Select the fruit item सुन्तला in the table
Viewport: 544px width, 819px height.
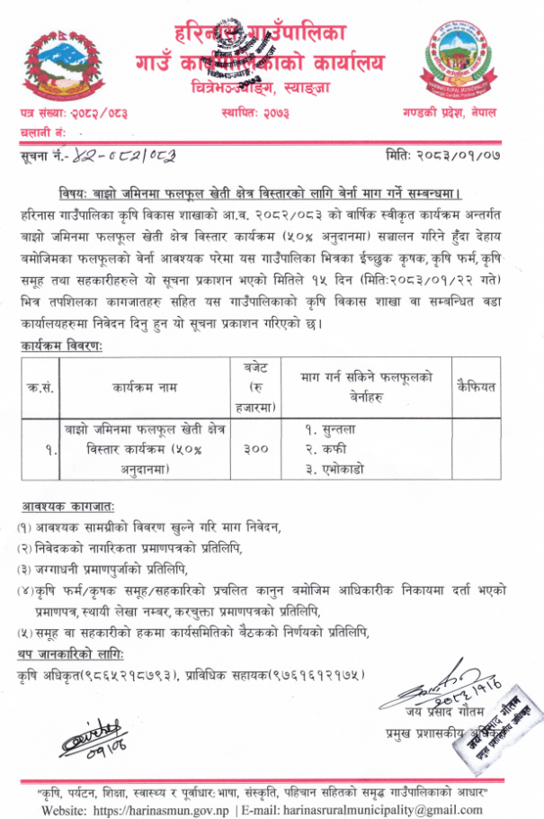(x=336, y=430)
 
